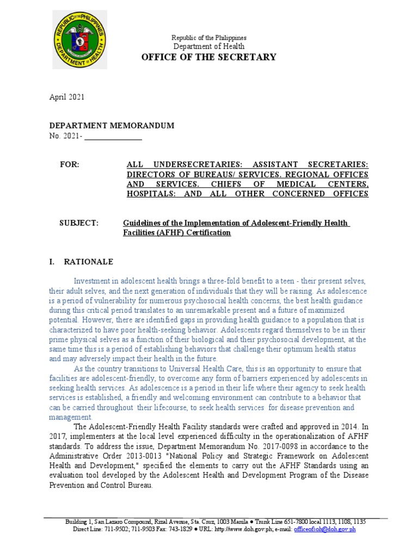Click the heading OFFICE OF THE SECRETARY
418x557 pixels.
pyautogui.click(x=209, y=57)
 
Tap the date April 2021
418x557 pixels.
pyautogui.click(x=67, y=97)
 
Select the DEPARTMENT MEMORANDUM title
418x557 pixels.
pyautogui.click(x=112, y=126)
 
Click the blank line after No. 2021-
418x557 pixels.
pyautogui.click(x=113, y=137)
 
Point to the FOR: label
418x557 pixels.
pyautogui.click(x=69, y=164)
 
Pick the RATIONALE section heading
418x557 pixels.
pyautogui.click(x=89, y=262)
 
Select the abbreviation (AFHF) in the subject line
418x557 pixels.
pyautogui.click(x=164, y=233)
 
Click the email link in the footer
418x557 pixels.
pyautogui.click(x=324, y=529)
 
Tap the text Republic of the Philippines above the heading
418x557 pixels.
pyautogui.click(x=209, y=38)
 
